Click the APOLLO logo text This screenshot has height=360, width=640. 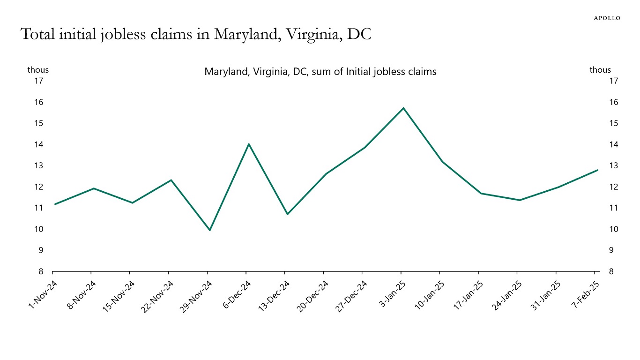pos(607,18)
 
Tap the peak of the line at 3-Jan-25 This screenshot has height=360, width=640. pos(403,108)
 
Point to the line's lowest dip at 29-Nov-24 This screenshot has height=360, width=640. pos(209,230)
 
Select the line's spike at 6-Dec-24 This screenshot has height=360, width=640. pos(248,144)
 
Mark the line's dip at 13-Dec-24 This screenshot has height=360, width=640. pos(287,214)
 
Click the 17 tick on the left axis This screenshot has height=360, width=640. pos(38,81)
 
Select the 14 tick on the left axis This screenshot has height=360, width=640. pos(38,144)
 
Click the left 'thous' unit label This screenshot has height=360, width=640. pos(38,70)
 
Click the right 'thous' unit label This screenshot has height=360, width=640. pos(600,70)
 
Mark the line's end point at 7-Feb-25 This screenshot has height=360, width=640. pos(597,170)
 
